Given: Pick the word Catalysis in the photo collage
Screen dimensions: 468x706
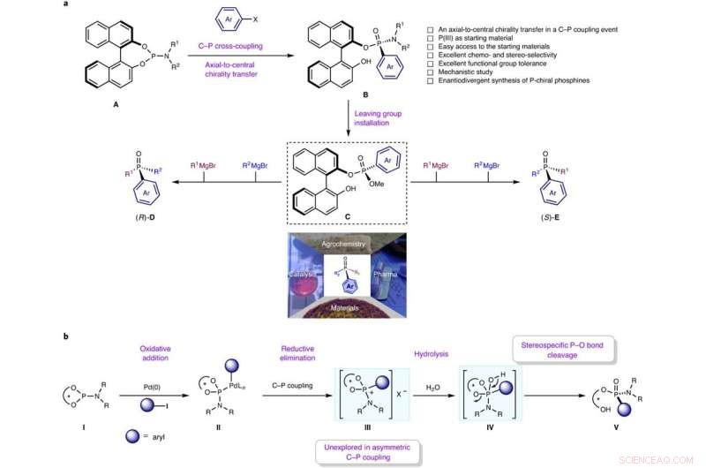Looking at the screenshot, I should pos(304,274).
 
